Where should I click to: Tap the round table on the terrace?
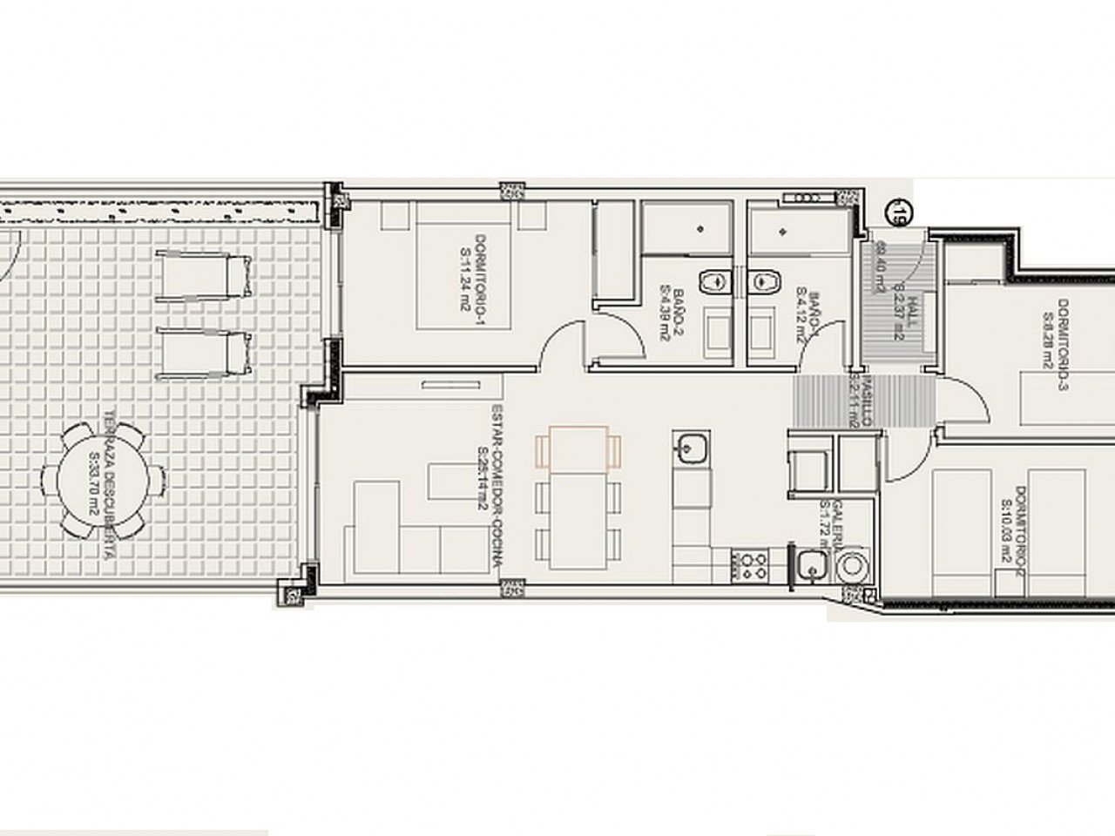coord(104,480)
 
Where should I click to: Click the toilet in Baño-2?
coord(714,281)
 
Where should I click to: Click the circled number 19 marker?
coord(895,211)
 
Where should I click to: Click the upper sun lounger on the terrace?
coord(207,275)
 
